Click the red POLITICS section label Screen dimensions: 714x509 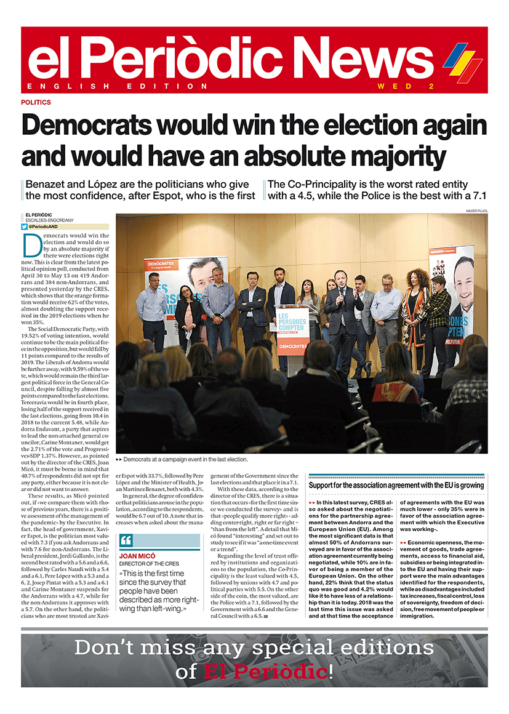(x=36, y=102)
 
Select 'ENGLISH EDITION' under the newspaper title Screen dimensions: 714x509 (x=118, y=86)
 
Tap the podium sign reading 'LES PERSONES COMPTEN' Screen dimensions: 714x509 (x=292, y=324)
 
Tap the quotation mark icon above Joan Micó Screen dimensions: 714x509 (x=127, y=541)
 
